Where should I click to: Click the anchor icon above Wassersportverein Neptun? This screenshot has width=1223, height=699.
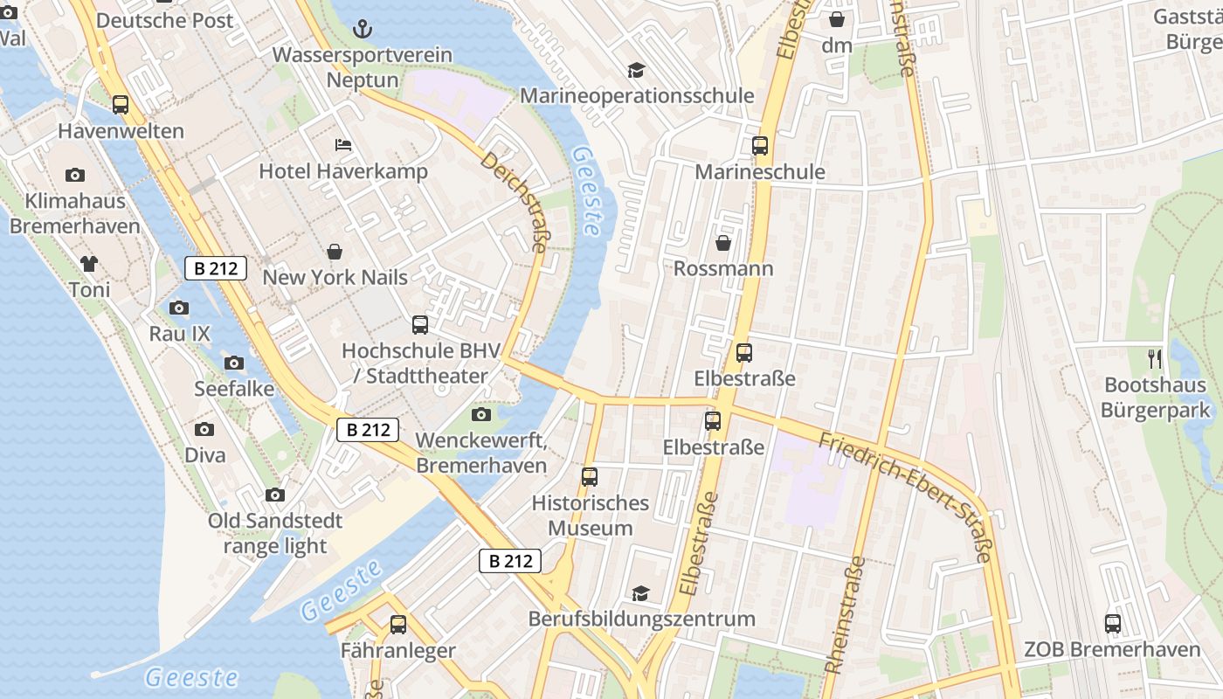(x=362, y=30)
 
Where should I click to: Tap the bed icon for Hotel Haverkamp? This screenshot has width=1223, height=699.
(x=343, y=144)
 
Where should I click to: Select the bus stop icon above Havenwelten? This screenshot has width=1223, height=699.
(x=121, y=105)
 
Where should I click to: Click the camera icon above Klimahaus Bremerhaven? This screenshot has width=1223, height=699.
(x=75, y=175)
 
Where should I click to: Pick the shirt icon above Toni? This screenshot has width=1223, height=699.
(x=89, y=263)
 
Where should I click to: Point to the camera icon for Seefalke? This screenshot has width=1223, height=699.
(x=234, y=363)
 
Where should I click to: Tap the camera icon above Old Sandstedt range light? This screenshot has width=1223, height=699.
(x=275, y=495)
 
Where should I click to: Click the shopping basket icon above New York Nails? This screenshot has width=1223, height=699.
(x=335, y=252)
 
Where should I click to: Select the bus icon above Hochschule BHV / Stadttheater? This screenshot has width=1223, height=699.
(x=420, y=325)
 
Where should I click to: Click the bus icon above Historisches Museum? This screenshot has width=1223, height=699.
(x=590, y=477)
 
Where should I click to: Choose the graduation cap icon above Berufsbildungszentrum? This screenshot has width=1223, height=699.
(x=641, y=593)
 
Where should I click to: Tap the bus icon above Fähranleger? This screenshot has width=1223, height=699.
(x=398, y=625)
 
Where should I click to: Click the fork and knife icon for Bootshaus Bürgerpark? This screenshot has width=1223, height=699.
(x=1155, y=358)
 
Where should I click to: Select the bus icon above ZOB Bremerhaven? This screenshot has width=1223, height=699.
(x=1112, y=624)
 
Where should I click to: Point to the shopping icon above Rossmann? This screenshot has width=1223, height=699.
(x=723, y=243)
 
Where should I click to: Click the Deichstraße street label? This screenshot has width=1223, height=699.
(x=513, y=203)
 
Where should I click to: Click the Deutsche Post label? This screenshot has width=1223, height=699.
(x=164, y=20)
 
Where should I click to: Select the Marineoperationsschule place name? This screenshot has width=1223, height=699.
(x=637, y=95)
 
